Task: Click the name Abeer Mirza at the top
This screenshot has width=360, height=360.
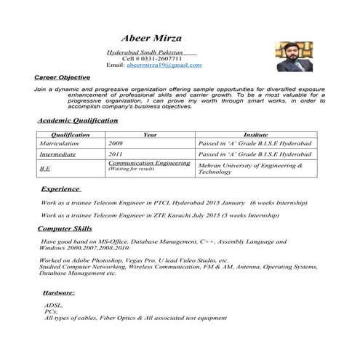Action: (x=152, y=38)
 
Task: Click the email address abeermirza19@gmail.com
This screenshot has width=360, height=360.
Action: (x=164, y=65)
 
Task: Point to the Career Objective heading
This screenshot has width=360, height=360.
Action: (x=62, y=76)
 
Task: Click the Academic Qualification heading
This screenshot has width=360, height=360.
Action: (x=76, y=120)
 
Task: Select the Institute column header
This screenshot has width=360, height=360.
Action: (x=256, y=135)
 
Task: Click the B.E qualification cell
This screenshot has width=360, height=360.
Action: (x=45, y=169)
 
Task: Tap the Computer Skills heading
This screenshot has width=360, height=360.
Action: (x=65, y=228)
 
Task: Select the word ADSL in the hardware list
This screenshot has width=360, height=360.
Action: (x=53, y=305)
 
